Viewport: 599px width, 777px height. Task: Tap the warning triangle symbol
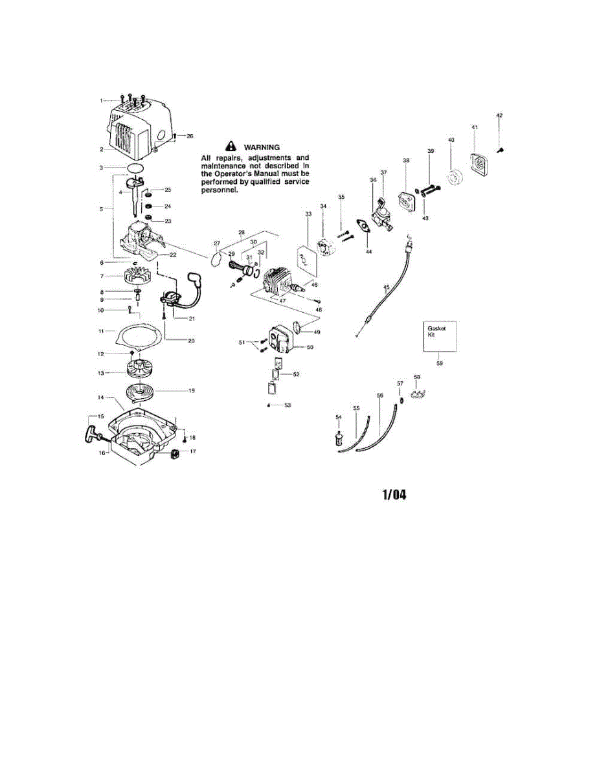pos(228,148)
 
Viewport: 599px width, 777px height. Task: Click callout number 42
pos(499,115)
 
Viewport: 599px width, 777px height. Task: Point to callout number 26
pos(189,136)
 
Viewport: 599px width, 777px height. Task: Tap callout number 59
pos(440,363)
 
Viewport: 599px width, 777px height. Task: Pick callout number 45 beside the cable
pos(387,286)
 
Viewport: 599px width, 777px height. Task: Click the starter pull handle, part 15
pos(89,433)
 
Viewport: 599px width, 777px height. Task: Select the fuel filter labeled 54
pos(338,440)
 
